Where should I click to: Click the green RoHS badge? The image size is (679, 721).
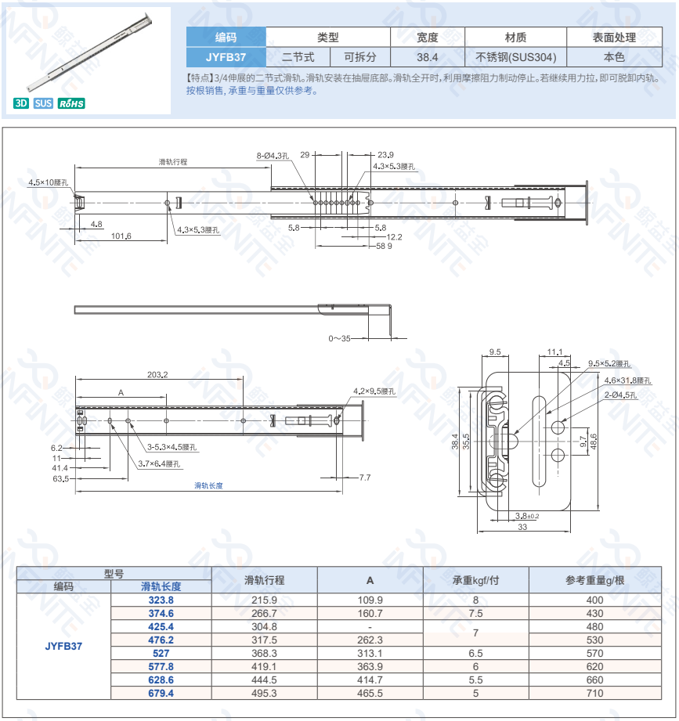[x=71, y=103]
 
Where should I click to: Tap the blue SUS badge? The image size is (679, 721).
[x=43, y=103]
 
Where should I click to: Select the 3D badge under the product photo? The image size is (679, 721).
[x=21, y=103]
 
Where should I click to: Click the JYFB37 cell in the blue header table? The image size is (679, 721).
[x=226, y=57]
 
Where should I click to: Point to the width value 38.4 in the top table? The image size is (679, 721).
[x=428, y=57]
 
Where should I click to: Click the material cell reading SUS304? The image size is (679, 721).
[x=515, y=57]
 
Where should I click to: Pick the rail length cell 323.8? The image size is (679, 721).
[x=161, y=600]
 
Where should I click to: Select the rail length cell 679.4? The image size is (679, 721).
[x=161, y=694]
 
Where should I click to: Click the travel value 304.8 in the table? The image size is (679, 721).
[x=264, y=627]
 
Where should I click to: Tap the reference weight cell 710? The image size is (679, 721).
[x=595, y=694]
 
